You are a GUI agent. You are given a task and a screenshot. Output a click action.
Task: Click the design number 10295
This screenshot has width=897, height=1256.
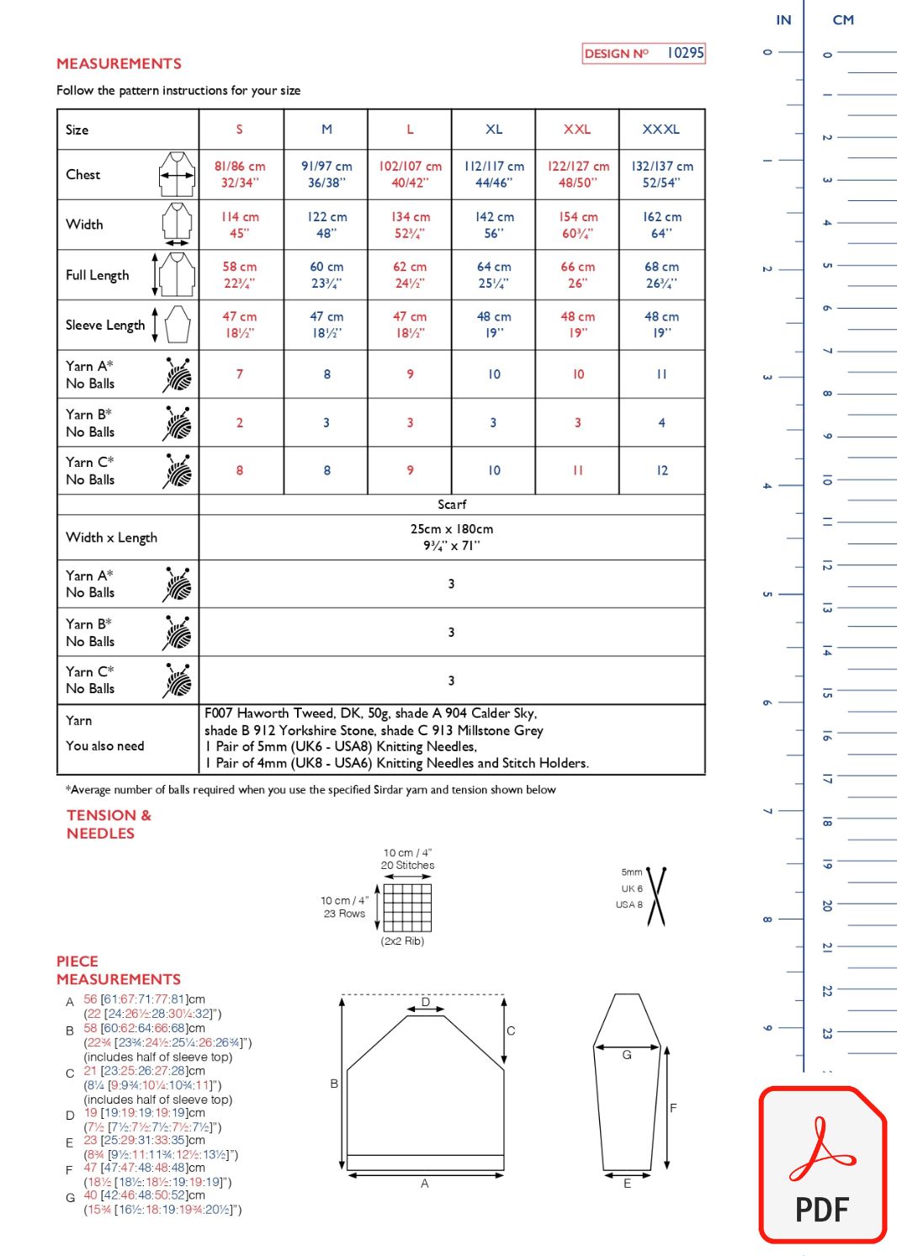point(685,53)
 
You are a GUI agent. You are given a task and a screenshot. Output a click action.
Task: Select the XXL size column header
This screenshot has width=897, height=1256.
point(577,130)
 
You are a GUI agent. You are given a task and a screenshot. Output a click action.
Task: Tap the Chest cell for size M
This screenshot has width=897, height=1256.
point(326,174)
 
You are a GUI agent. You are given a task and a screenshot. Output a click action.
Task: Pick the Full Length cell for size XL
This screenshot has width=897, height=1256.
point(494,275)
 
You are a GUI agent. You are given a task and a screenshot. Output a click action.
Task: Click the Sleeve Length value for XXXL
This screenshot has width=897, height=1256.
point(661,325)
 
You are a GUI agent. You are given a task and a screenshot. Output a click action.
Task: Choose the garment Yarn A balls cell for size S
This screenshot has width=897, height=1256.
point(240,374)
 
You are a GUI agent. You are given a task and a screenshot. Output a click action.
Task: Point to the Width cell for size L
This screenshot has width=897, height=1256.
point(410,225)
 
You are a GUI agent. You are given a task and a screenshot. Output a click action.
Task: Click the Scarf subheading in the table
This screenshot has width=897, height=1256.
point(452,505)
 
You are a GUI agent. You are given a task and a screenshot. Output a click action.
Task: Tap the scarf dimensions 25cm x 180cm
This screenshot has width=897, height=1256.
point(452,529)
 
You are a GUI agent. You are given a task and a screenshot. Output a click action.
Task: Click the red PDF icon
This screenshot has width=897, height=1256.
point(823,1165)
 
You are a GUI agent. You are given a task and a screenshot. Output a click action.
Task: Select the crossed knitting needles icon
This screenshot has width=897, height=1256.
point(656,896)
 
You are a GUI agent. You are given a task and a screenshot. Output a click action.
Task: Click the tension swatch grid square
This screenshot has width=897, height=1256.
point(408,907)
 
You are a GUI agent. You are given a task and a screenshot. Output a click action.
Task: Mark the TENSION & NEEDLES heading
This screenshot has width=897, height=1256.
point(109,824)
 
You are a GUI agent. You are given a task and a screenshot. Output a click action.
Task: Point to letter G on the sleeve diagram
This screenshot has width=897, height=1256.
point(627,1055)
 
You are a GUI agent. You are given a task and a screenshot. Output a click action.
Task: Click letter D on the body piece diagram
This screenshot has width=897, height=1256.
point(426,1002)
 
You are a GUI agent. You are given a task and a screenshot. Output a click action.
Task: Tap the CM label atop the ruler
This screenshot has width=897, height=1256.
point(843,20)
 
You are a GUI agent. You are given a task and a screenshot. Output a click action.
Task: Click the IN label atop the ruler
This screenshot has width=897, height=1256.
point(783,20)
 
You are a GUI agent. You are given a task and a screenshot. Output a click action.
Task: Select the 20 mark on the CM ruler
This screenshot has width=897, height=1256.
point(827,905)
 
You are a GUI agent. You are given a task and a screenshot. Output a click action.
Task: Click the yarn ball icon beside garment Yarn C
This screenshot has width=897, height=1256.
point(178,471)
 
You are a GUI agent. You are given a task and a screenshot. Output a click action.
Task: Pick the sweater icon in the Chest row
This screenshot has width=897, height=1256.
point(177,174)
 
